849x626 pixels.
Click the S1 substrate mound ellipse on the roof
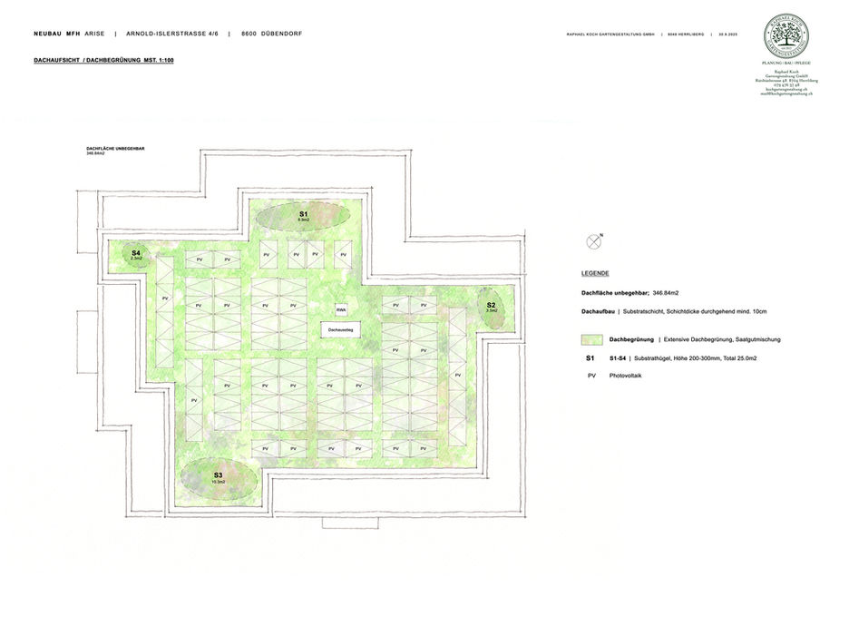pos(304,216)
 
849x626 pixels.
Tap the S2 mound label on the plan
pos(491,306)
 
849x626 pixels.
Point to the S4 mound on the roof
pos(136,255)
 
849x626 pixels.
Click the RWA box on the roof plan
pos(341,308)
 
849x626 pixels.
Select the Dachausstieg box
pos(341,330)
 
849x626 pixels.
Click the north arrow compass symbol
pos(594,240)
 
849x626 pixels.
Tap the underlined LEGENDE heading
pos(595,273)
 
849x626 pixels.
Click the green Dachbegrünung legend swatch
pos(592,339)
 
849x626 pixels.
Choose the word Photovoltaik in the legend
pos(625,376)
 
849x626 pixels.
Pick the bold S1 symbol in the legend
pos(591,359)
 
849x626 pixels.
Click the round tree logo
pos(786,34)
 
